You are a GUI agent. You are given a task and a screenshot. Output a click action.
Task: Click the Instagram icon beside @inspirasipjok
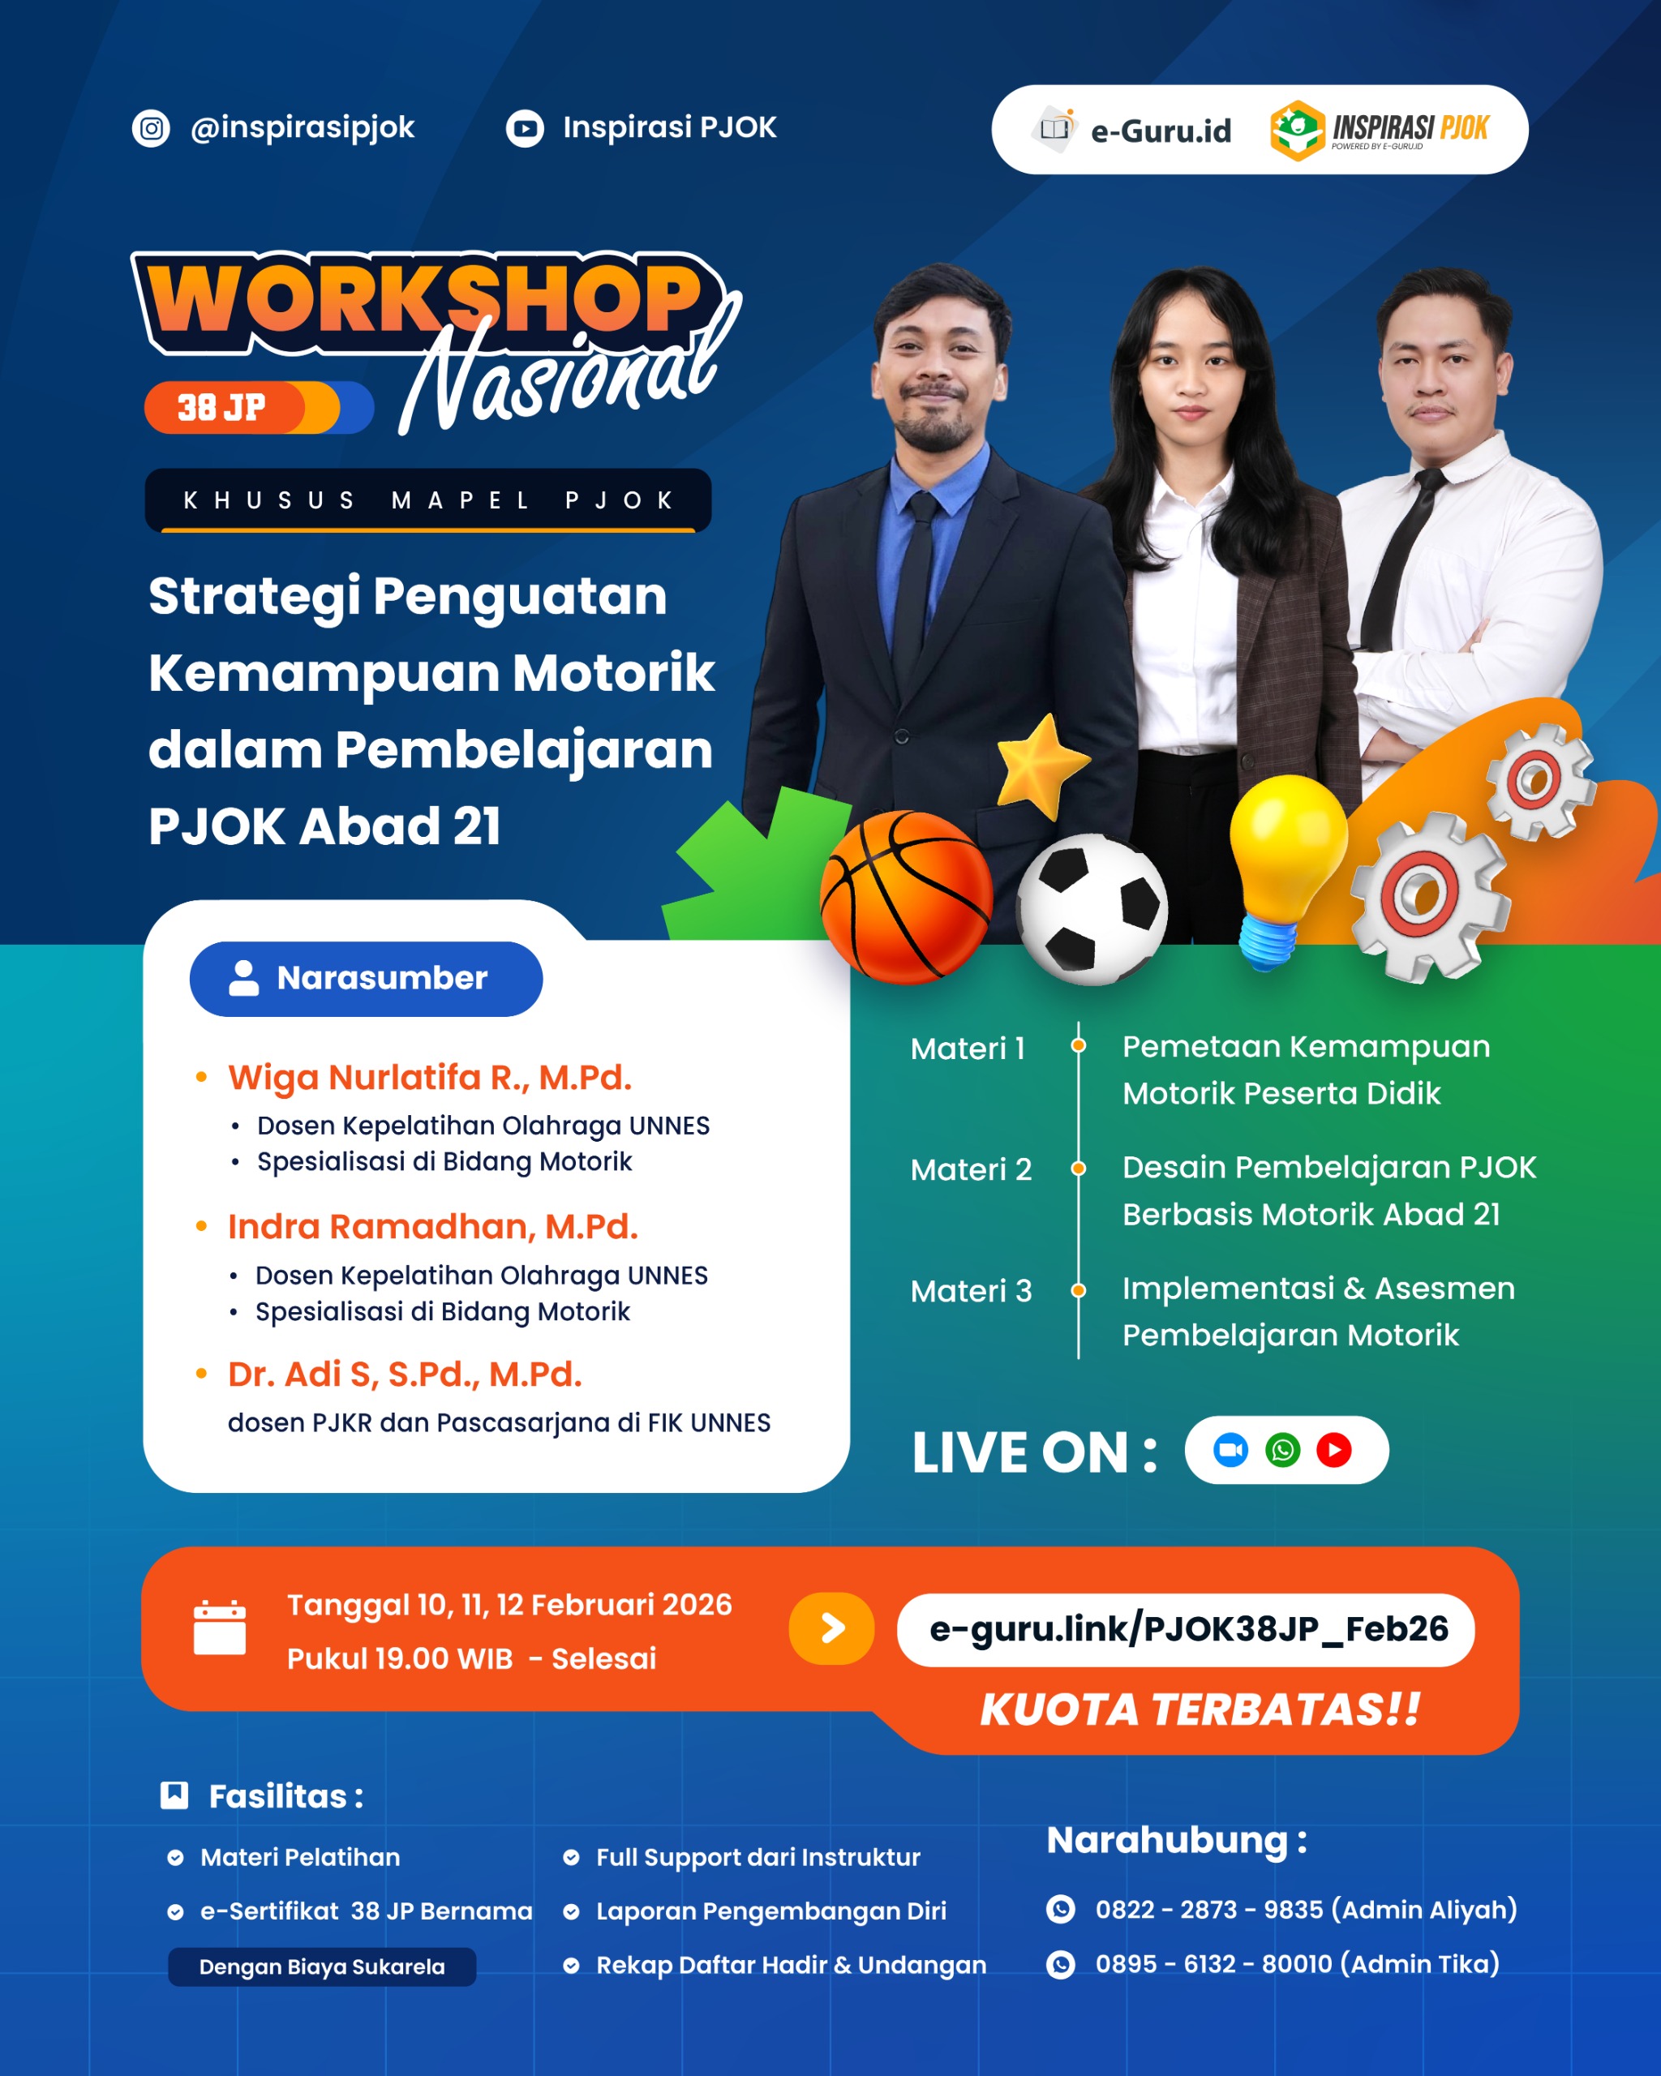coord(151,128)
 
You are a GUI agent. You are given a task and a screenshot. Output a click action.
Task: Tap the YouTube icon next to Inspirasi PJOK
coord(525,128)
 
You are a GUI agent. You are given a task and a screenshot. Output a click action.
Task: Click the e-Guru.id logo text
coord(1161,130)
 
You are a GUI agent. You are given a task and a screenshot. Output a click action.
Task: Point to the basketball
coord(906,896)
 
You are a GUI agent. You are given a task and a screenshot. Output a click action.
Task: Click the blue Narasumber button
coord(366,978)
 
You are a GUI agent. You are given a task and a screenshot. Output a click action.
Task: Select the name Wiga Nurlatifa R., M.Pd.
coord(430,1078)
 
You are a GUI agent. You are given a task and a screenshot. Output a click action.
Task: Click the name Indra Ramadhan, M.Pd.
coord(432,1227)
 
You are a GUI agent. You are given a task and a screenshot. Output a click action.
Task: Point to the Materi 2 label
coord(971,1170)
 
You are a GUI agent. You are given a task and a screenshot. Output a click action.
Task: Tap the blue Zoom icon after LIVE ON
coord(1230,1450)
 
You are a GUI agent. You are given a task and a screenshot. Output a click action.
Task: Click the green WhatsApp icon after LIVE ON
coord(1282,1450)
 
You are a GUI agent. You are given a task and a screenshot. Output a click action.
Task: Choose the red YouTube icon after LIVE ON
coord(1333,1450)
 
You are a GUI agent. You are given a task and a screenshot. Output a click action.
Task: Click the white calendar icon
coord(220,1628)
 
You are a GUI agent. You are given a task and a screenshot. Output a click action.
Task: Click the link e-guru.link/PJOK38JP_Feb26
coord(1188,1628)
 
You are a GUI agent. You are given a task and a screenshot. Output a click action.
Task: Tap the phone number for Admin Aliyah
coord(1208,1910)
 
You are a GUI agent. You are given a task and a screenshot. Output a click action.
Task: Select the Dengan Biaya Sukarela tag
coord(322,1967)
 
